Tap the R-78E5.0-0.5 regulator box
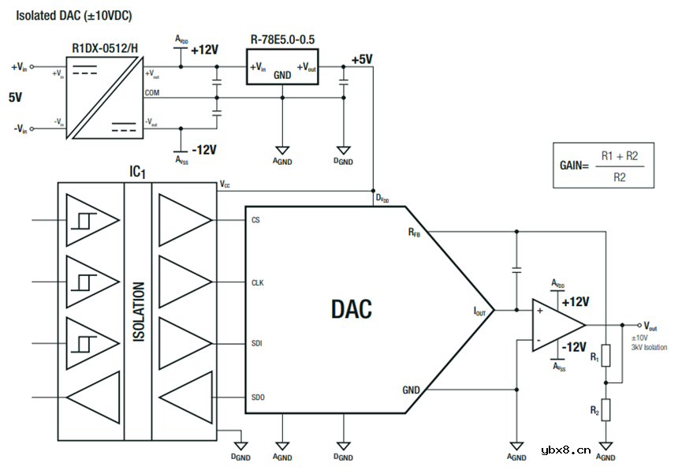point(282,69)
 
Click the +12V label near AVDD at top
point(204,50)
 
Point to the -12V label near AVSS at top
point(203,149)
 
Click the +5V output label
point(362,60)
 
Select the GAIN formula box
point(603,166)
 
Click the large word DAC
point(351,309)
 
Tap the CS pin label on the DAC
point(255,221)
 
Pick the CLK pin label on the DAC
point(257,282)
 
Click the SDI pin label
point(256,344)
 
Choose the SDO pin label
point(257,397)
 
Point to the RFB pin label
point(414,232)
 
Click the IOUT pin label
point(480,312)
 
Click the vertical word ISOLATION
point(139,312)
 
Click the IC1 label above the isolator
point(138,171)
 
